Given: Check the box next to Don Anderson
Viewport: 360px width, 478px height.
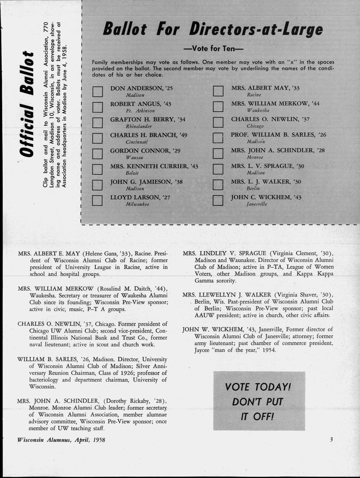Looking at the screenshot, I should click(98, 92).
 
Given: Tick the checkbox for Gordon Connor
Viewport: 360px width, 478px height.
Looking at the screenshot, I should click(98, 154).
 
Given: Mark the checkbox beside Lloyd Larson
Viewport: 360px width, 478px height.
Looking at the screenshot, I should click(98, 201).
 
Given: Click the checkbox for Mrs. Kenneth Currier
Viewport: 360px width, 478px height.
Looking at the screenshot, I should click(98, 169).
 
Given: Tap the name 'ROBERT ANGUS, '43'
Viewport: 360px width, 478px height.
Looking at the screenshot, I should click(141, 104).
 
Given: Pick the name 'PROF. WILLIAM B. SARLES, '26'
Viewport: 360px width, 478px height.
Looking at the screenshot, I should click(279, 135).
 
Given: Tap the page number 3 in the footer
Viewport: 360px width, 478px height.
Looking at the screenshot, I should click(331, 440).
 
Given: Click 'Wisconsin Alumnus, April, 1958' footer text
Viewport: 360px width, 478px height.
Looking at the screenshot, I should click(61, 440).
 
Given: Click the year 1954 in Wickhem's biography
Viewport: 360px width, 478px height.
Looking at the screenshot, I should click(269, 350).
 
